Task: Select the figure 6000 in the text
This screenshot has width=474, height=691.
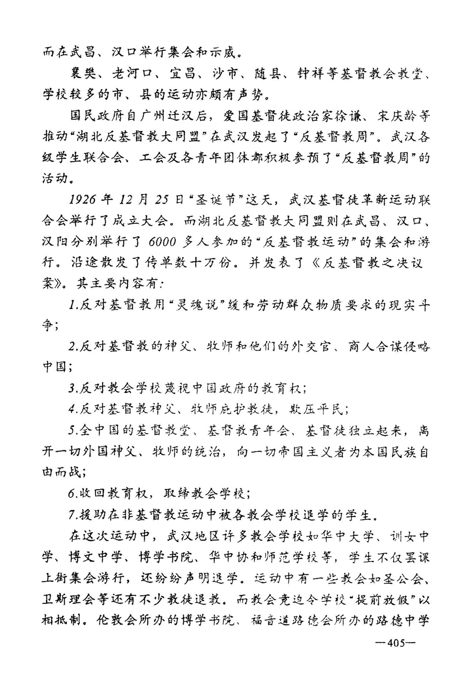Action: tap(161, 242)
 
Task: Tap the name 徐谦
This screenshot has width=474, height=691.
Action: tap(348, 116)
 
